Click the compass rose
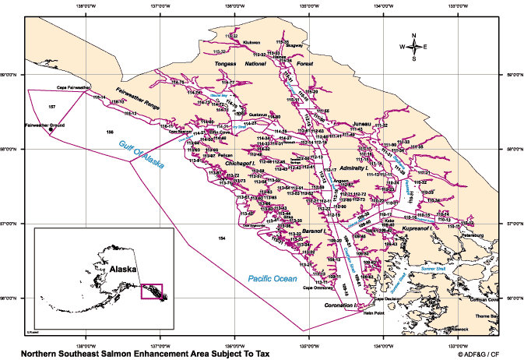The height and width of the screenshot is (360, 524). coord(414,47)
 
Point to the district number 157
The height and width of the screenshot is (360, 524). coord(51,105)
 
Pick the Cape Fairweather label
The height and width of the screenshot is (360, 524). coord(74,88)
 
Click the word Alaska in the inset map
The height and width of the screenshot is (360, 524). coord(122,268)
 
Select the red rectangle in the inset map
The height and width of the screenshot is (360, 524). coord(150,291)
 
